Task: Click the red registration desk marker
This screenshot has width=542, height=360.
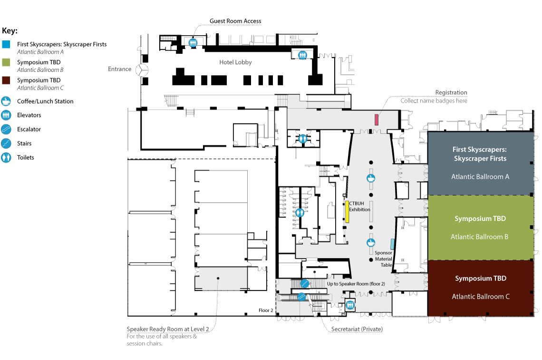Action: pyautogui.click(x=377, y=120)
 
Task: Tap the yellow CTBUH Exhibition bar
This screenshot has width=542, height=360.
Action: pyautogui.click(x=347, y=212)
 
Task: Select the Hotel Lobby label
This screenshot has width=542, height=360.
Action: pyautogui.click(x=235, y=62)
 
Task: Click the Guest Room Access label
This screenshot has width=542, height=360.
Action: pyautogui.click(x=235, y=21)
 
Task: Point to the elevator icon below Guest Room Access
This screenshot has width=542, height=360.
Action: pyautogui.click(x=193, y=42)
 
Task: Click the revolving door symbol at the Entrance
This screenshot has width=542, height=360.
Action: pyautogui.click(x=142, y=70)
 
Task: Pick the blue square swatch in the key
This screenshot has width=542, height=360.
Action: pyautogui.click(x=6, y=44)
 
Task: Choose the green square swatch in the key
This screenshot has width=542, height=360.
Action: pyautogui.click(x=6, y=62)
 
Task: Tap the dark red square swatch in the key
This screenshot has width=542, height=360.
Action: pyautogui.click(x=6, y=80)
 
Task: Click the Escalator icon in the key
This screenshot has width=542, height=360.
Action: pyautogui.click(x=6, y=129)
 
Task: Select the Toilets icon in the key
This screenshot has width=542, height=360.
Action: pyautogui.click(x=6, y=158)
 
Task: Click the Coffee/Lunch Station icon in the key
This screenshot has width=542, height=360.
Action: pyautogui.click(x=6, y=101)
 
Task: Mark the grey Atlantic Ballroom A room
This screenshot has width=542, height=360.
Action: pyautogui.click(x=481, y=164)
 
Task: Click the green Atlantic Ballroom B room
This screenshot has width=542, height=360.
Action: pyautogui.click(x=481, y=228)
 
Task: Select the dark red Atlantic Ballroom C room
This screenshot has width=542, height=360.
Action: pyautogui.click(x=481, y=288)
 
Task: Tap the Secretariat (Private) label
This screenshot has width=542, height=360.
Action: pyautogui.click(x=357, y=329)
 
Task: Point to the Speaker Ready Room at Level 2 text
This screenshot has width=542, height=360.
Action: pyautogui.click(x=168, y=329)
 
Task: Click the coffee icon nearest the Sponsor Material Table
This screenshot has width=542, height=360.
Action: pyautogui.click(x=370, y=243)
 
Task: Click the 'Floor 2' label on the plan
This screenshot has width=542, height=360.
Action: pyautogui.click(x=266, y=310)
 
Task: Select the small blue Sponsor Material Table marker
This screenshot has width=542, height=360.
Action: pyautogui.click(x=392, y=244)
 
